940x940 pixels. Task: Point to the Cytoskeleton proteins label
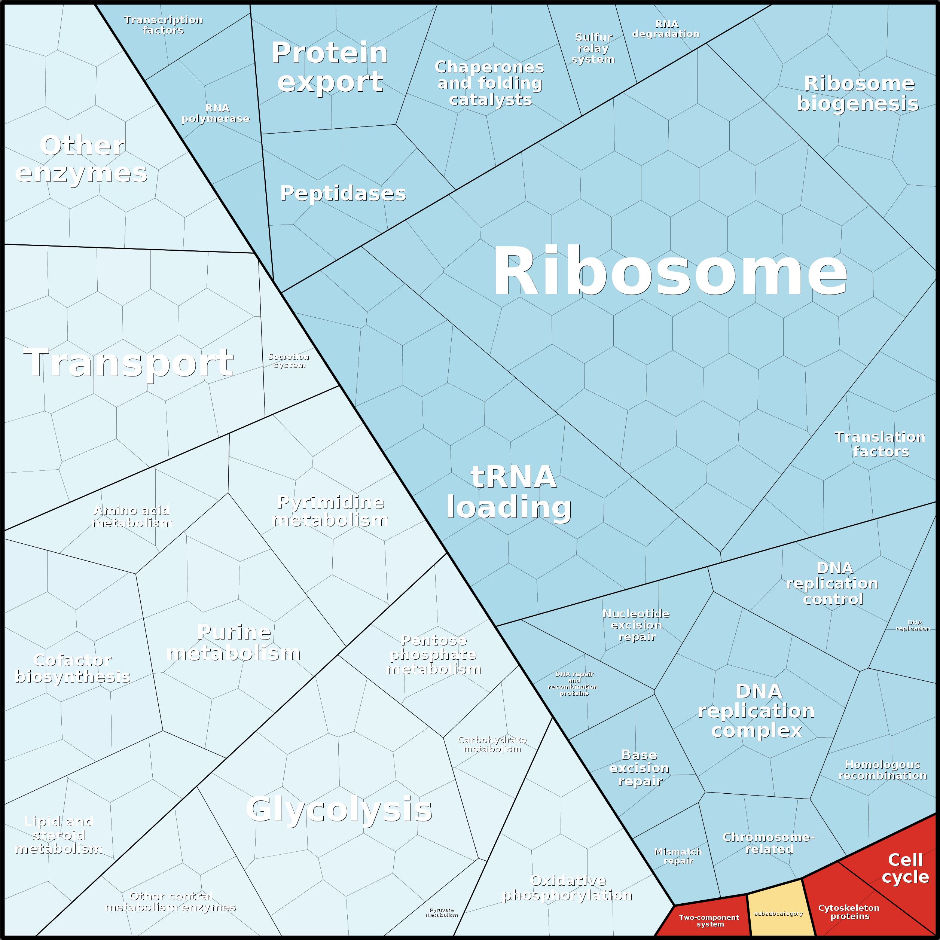point(849,912)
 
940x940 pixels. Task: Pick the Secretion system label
point(289,360)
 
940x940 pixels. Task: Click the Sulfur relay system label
point(593,48)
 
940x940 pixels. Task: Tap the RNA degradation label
point(666,29)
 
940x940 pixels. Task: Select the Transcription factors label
point(164,25)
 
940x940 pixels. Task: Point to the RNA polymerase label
point(216,113)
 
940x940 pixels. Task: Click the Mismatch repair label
point(678,856)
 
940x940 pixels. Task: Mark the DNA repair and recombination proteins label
point(574,684)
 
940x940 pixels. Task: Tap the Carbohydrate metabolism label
point(492,744)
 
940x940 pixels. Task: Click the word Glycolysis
point(339,809)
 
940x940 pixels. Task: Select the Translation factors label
point(880,444)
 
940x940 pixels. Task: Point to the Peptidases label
point(343,193)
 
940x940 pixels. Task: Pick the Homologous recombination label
point(882,770)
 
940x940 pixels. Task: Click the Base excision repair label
point(639,768)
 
